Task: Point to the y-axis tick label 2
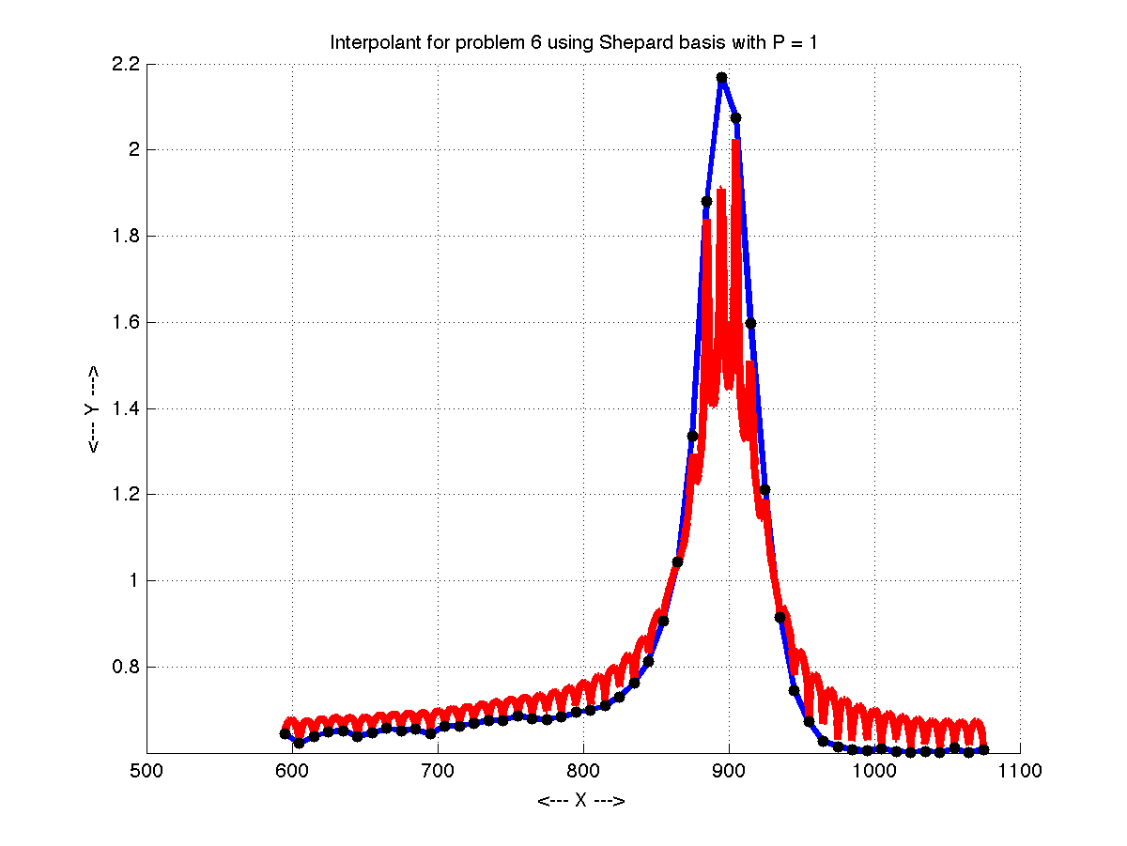coord(133,150)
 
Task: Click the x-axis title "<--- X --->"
coord(581,801)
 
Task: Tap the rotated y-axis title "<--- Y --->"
coord(93,408)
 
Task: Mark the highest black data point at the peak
coord(721,77)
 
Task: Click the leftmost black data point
coord(285,733)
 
